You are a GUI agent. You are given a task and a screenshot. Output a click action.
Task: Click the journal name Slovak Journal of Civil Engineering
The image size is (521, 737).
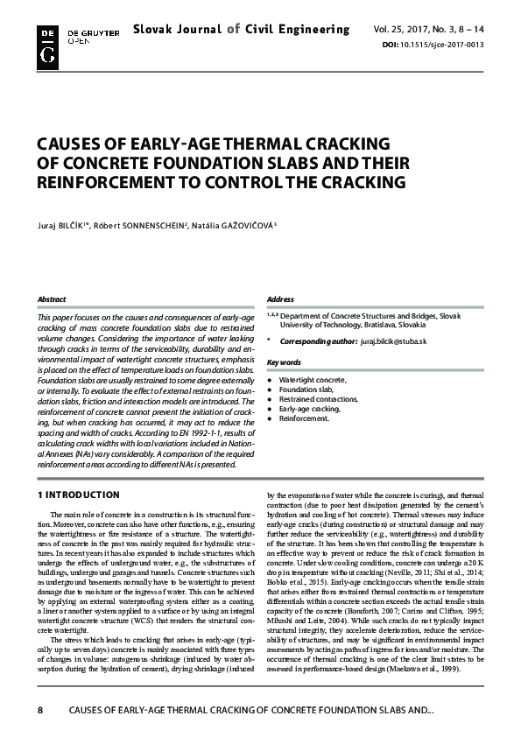(x=241, y=30)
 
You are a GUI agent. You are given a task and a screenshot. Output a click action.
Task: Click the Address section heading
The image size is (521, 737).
(x=280, y=299)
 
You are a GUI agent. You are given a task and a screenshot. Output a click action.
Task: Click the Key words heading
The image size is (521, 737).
(x=284, y=362)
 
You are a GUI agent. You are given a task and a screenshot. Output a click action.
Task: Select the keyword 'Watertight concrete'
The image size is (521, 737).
(x=312, y=381)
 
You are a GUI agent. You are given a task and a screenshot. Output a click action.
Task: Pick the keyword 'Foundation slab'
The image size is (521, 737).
(x=306, y=390)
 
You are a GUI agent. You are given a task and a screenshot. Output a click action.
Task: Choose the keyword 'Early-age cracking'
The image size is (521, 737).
(x=308, y=409)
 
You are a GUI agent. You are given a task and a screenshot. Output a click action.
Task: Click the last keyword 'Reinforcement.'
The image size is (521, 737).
(x=303, y=418)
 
